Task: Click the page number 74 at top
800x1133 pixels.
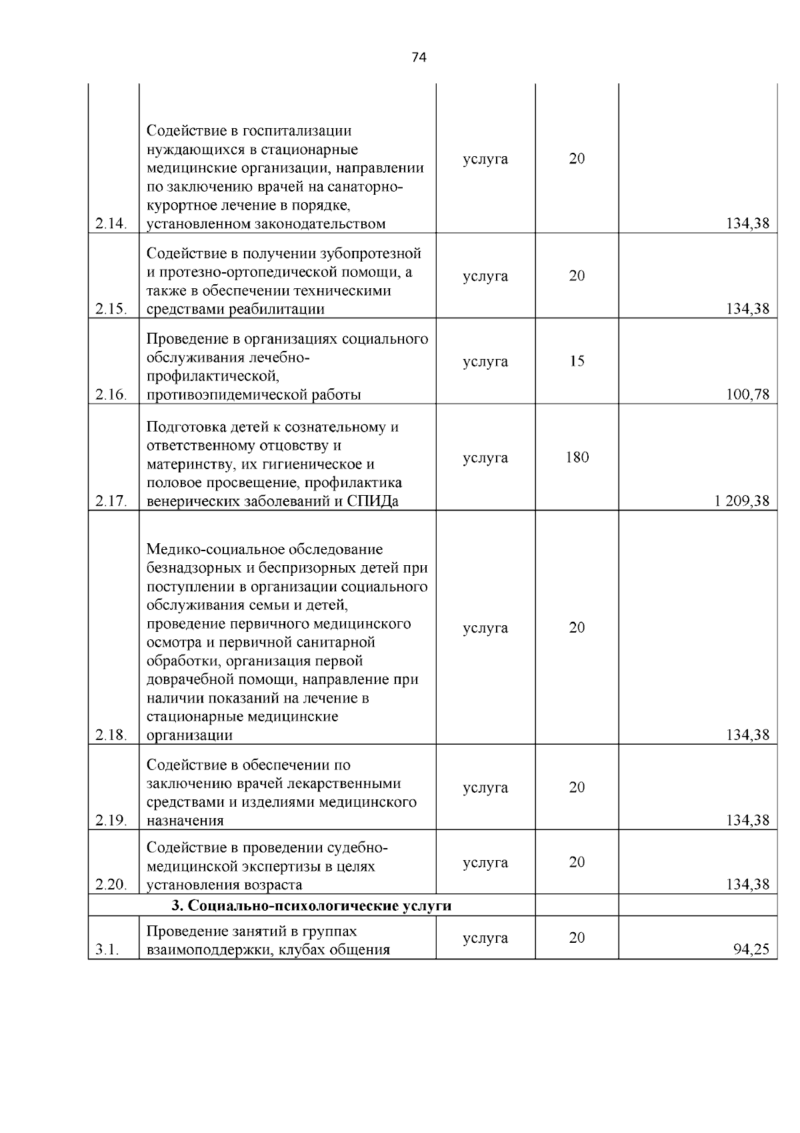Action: pyautogui.click(x=419, y=57)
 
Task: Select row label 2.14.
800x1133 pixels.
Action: pyautogui.click(x=111, y=224)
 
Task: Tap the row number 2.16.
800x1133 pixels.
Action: pyautogui.click(x=111, y=395)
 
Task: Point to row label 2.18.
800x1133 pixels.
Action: pyautogui.click(x=111, y=735)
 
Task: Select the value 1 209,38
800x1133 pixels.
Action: pyautogui.click(x=741, y=501)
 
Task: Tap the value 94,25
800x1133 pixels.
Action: pyautogui.click(x=751, y=950)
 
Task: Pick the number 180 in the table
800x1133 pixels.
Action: pyautogui.click(x=577, y=458)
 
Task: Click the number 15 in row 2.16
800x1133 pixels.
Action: pyautogui.click(x=577, y=362)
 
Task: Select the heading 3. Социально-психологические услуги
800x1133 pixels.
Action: pyautogui.click(x=311, y=906)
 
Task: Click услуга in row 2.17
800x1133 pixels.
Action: pyautogui.click(x=485, y=458)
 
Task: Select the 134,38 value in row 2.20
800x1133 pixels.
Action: pyautogui.click(x=747, y=885)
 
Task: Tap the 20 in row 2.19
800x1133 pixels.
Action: pyautogui.click(x=577, y=788)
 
